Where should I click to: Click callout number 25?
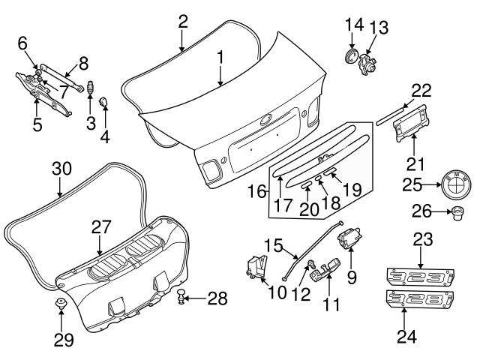point(408,183)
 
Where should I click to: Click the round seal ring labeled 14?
point(349,58)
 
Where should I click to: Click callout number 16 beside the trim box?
point(256,192)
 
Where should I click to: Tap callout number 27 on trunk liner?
point(100,225)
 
